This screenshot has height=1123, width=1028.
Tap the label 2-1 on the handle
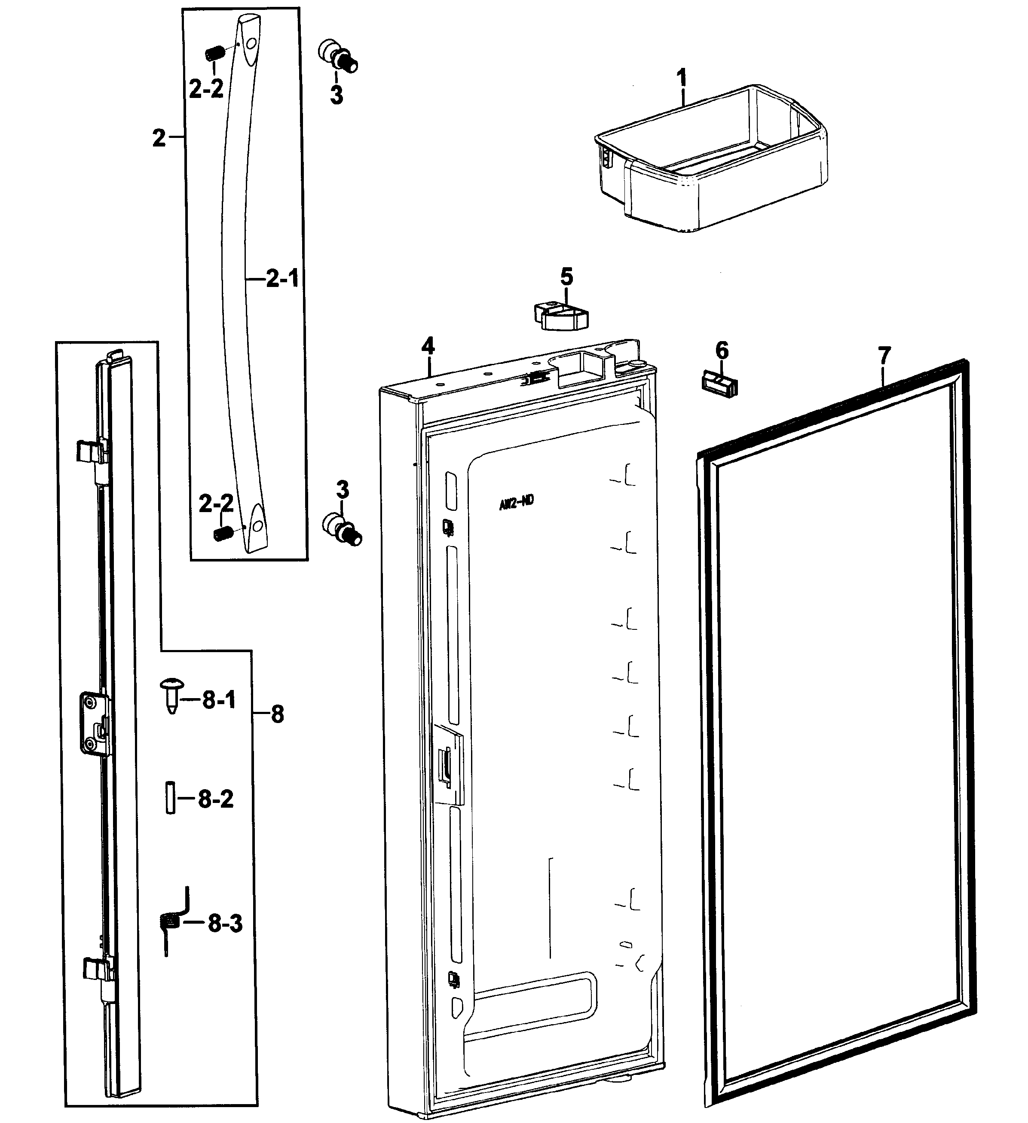tap(282, 278)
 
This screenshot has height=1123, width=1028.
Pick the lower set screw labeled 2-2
tap(222, 534)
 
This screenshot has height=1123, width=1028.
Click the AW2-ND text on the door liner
tap(516, 502)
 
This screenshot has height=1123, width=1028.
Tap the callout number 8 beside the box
tap(277, 714)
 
